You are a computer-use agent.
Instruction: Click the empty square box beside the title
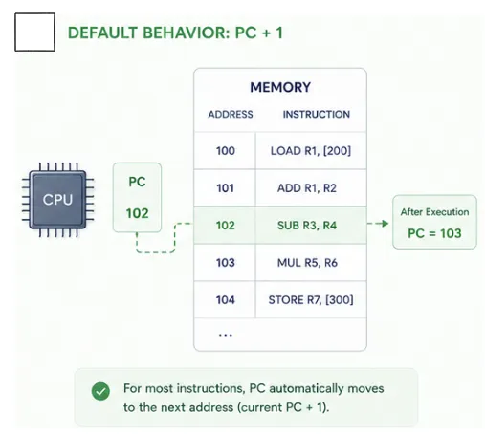(34, 32)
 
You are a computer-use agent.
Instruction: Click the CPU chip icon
(57, 200)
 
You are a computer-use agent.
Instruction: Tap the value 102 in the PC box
(137, 213)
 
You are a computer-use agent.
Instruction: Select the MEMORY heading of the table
(280, 87)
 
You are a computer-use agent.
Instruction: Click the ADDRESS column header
(231, 114)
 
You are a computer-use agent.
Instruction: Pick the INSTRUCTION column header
(317, 114)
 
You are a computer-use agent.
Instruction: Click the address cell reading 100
(226, 151)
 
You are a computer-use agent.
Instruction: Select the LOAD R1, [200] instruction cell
(311, 151)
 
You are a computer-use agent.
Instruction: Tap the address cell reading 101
(226, 188)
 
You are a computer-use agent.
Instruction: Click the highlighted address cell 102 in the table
(226, 226)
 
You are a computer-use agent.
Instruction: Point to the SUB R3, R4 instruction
(307, 226)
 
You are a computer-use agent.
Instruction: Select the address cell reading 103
(226, 263)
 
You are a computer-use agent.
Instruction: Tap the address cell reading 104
(226, 300)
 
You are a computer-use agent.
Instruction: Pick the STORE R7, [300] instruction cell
(311, 300)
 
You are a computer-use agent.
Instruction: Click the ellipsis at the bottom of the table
(226, 335)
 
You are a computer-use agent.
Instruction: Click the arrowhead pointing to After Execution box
(385, 224)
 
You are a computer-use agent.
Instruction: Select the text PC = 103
(434, 233)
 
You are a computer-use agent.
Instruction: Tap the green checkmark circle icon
(100, 391)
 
